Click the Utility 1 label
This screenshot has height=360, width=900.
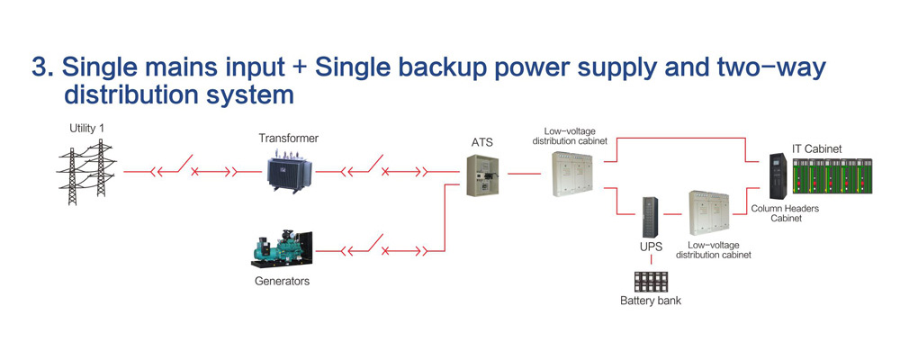click(x=87, y=129)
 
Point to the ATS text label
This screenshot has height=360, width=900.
click(x=482, y=142)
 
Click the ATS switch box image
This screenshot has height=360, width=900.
click(x=483, y=175)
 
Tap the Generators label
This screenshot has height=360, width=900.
click(x=282, y=282)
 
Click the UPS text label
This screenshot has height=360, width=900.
click(x=648, y=246)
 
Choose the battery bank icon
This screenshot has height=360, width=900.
click(x=650, y=279)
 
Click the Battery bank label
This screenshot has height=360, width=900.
click(x=650, y=300)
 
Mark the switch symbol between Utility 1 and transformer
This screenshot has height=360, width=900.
click(x=191, y=170)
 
